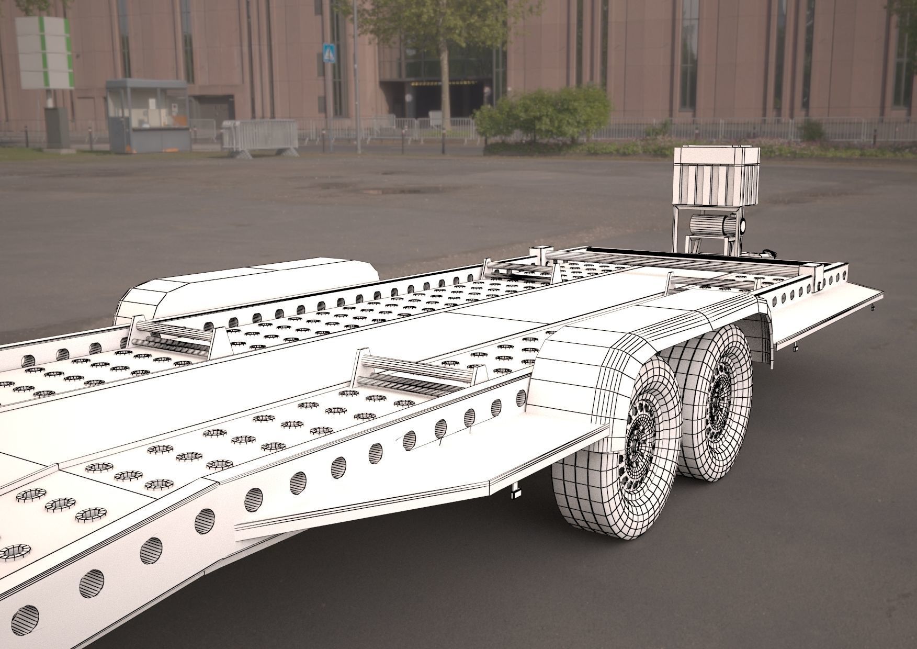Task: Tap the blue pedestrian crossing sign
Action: tap(328, 53)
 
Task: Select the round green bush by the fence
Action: tap(544, 115)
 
